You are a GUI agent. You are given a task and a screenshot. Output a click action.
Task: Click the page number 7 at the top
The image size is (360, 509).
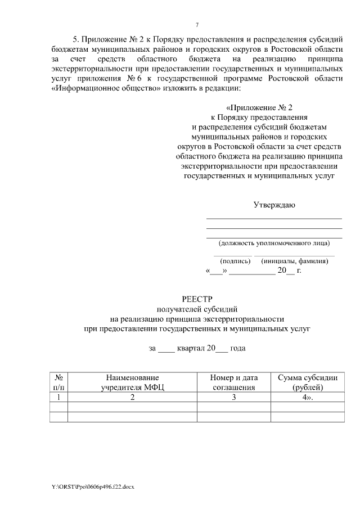(197, 24)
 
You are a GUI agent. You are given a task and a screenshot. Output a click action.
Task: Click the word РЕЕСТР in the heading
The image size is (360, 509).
(197, 299)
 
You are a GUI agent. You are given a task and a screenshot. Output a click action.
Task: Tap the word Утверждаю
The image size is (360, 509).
(274, 205)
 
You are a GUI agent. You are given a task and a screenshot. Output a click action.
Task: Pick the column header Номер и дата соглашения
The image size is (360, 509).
(233, 382)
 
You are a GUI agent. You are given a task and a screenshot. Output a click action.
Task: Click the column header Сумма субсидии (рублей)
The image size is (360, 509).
(308, 382)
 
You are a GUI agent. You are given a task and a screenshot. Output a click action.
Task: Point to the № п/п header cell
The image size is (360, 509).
(58, 382)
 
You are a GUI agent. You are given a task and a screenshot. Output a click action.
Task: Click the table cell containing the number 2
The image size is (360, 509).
(132, 397)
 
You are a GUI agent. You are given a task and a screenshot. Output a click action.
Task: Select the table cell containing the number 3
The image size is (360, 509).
(233, 397)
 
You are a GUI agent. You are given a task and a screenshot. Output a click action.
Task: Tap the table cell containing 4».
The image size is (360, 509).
(308, 397)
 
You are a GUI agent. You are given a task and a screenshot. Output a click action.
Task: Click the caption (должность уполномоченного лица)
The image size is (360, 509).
(274, 243)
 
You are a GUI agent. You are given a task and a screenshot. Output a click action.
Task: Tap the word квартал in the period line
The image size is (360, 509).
(191, 348)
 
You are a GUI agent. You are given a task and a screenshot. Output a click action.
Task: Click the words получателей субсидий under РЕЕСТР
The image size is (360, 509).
(197, 309)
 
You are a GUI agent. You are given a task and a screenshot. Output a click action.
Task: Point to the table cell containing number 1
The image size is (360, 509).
(58, 397)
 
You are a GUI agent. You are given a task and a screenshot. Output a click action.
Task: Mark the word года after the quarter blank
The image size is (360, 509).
(237, 348)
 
